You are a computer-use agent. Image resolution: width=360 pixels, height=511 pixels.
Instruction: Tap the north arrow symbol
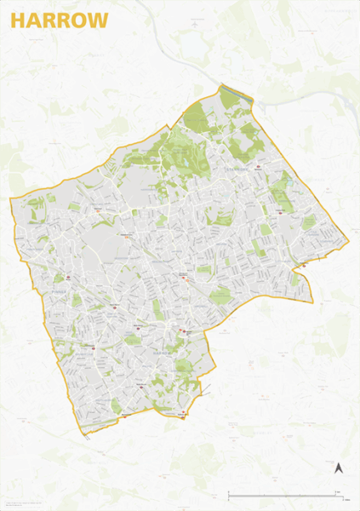pos(337,467)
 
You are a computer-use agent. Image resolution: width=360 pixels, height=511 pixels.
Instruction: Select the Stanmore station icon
pos(255,167)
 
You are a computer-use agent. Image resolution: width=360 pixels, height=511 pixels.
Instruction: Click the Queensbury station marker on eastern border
pos(304,266)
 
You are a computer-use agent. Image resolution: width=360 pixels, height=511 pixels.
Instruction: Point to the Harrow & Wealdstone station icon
pos(181,278)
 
